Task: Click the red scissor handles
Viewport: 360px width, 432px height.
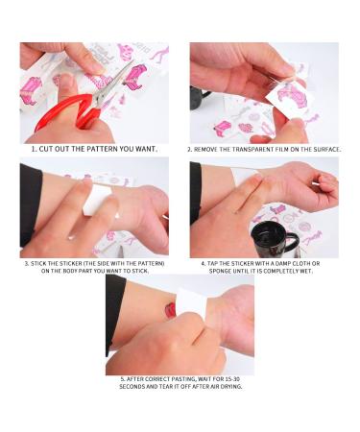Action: click(x=60, y=110)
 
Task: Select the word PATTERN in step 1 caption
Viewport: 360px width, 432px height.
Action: click(x=113, y=149)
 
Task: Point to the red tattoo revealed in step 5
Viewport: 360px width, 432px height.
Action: click(x=171, y=310)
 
